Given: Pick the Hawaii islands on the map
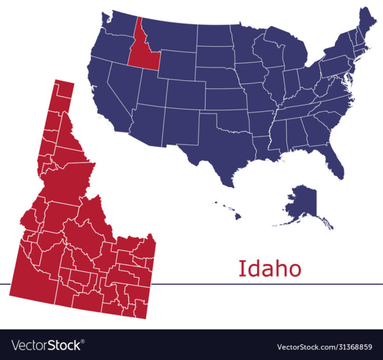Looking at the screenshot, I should [231, 211].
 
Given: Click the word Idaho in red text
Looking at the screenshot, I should [270, 269].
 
